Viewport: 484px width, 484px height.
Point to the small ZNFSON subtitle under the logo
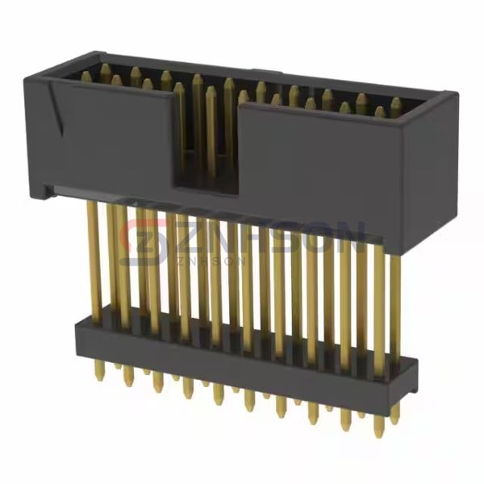(202, 260)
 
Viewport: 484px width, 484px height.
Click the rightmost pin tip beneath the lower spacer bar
(394, 415)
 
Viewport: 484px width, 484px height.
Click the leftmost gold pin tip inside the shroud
(86, 76)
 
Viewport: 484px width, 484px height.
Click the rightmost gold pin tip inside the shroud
(396, 103)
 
